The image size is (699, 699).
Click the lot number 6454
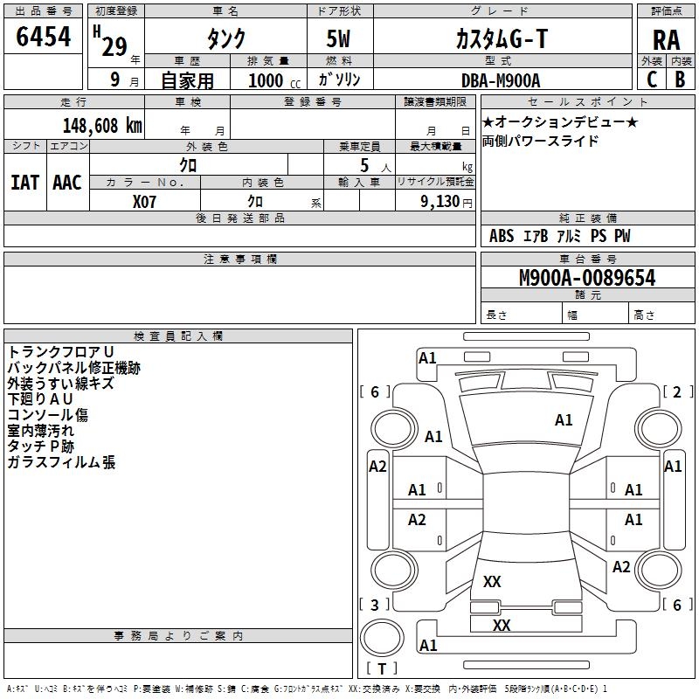coord(44,38)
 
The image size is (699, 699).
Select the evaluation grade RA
coord(666,40)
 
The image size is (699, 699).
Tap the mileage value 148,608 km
coord(102,125)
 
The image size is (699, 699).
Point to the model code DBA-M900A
coord(501,80)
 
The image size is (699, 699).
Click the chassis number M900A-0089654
coord(586,279)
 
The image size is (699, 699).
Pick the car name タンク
coord(225,39)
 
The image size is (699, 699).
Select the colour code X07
coord(145,200)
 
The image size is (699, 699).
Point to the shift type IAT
coord(24,182)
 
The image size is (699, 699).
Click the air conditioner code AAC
coord(67,182)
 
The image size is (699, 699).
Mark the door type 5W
coord(340,40)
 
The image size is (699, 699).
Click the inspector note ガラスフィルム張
coord(61,462)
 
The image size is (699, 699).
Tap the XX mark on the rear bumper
coord(501,626)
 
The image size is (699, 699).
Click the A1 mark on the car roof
coord(564,420)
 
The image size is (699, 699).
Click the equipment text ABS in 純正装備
coord(502,236)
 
